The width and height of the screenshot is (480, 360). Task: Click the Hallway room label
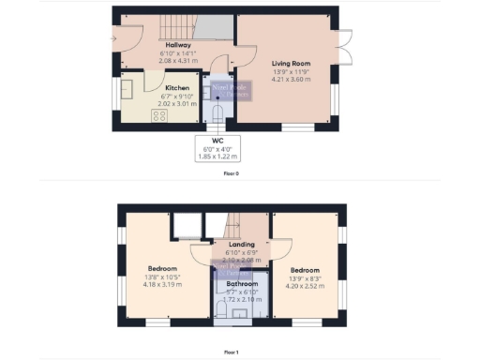tap(178, 45)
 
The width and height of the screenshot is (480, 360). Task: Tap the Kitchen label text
tap(177, 88)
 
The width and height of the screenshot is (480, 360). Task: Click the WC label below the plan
tap(217, 142)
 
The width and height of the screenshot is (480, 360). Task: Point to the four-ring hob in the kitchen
tap(158, 116)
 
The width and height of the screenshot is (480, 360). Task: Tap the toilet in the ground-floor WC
tap(217, 113)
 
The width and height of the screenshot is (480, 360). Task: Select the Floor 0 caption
tap(231, 173)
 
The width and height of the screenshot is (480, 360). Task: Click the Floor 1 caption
tap(231, 352)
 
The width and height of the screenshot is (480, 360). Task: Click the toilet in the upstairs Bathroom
tap(221, 310)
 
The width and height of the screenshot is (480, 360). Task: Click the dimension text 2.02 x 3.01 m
tap(177, 102)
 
